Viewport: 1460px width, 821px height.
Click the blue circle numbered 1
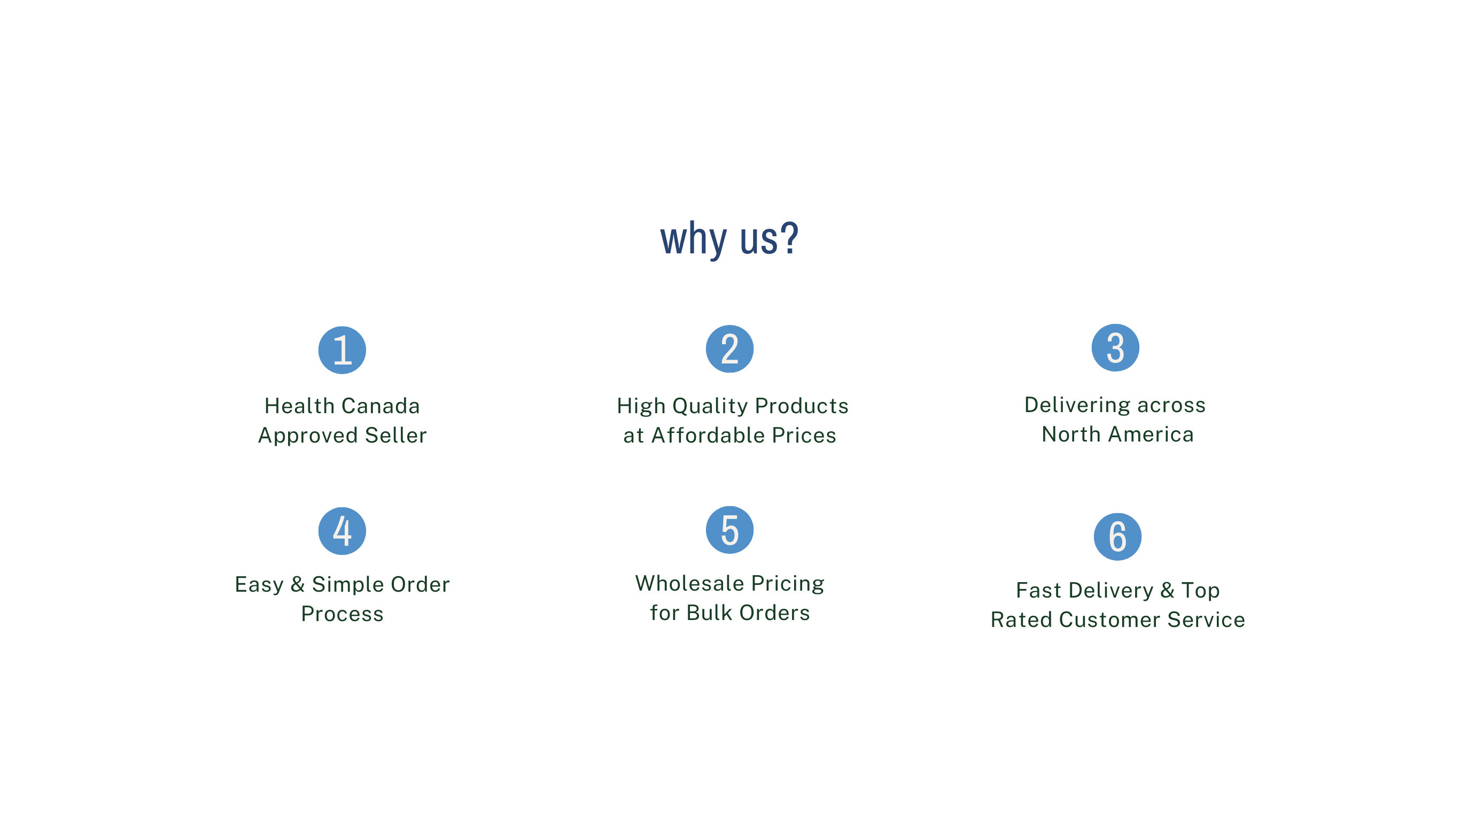(x=342, y=350)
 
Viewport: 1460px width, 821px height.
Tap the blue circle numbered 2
(x=729, y=348)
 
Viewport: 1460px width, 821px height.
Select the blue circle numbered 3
(x=1115, y=347)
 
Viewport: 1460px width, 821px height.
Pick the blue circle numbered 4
(x=342, y=531)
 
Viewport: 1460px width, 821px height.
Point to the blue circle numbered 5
(x=729, y=530)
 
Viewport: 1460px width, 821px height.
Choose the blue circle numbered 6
(x=1117, y=536)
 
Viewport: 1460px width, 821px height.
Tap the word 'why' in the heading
(x=693, y=241)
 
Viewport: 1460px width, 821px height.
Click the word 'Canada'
(x=380, y=406)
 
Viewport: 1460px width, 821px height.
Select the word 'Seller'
(x=395, y=436)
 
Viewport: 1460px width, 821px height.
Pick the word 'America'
(x=1151, y=435)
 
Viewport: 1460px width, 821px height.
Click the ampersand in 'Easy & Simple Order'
(x=298, y=585)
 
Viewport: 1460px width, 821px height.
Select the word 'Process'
(x=343, y=614)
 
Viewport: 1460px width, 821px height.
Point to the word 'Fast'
(x=1038, y=590)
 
